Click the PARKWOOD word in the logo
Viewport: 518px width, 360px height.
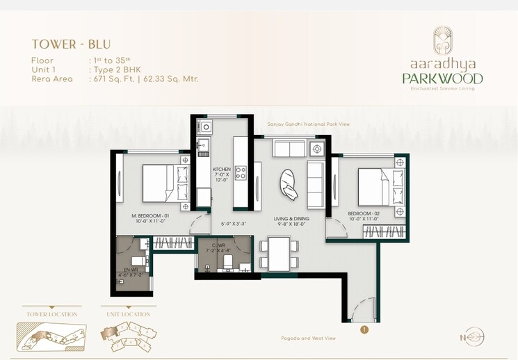(442, 78)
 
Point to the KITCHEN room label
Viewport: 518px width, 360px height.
(222, 170)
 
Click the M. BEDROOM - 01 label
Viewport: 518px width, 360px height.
(151, 216)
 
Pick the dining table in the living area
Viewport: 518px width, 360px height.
(279, 252)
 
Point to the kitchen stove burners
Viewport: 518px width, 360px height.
(241, 172)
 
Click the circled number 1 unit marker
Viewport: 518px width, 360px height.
(364, 330)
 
